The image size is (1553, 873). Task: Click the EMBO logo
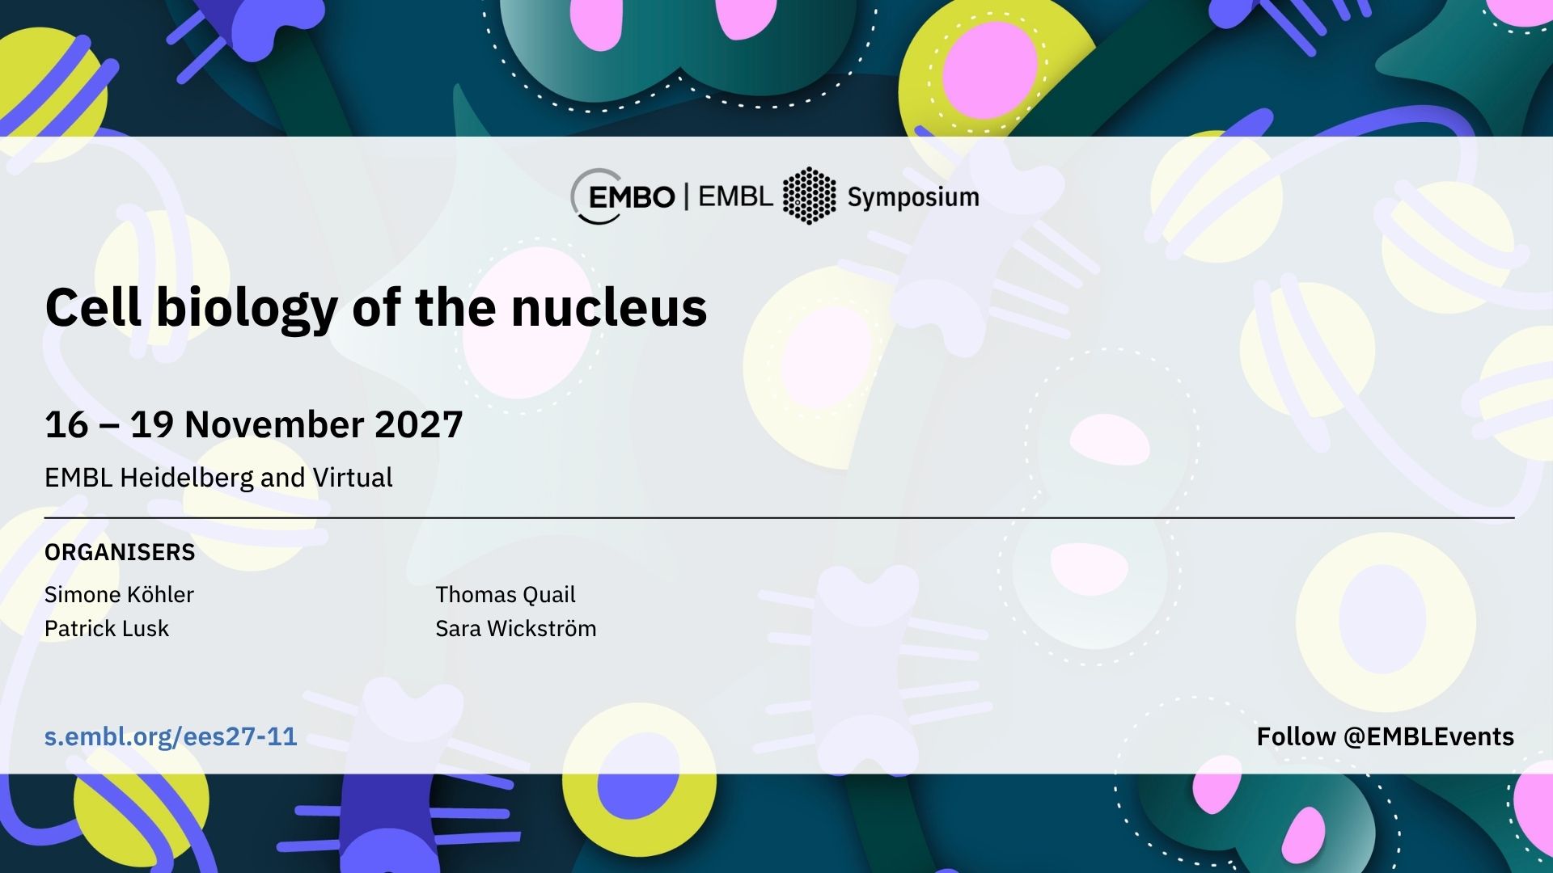pyautogui.click(x=623, y=196)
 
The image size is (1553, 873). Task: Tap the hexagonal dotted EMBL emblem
pyautogui.click(x=809, y=196)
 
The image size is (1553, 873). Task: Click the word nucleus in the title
pyautogui.click(x=609, y=307)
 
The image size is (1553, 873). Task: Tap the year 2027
pyautogui.click(x=419, y=424)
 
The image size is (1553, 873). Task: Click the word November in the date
pyautogui.click(x=274, y=424)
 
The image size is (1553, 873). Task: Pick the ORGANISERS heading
pyautogui.click(x=120, y=552)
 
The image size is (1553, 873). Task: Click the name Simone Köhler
pyautogui.click(x=119, y=594)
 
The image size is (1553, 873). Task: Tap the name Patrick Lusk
pyautogui.click(x=107, y=628)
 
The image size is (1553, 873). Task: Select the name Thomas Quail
pyautogui.click(x=506, y=594)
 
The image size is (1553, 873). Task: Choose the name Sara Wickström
pyautogui.click(x=516, y=628)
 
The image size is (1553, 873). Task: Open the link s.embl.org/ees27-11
pyautogui.click(x=171, y=737)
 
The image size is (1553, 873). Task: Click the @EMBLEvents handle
pyautogui.click(x=1428, y=736)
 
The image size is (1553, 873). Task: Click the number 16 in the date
pyautogui.click(x=66, y=424)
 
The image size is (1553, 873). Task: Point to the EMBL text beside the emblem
pyautogui.click(x=735, y=196)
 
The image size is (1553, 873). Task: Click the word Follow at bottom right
pyautogui.click(x=1296, y=736)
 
